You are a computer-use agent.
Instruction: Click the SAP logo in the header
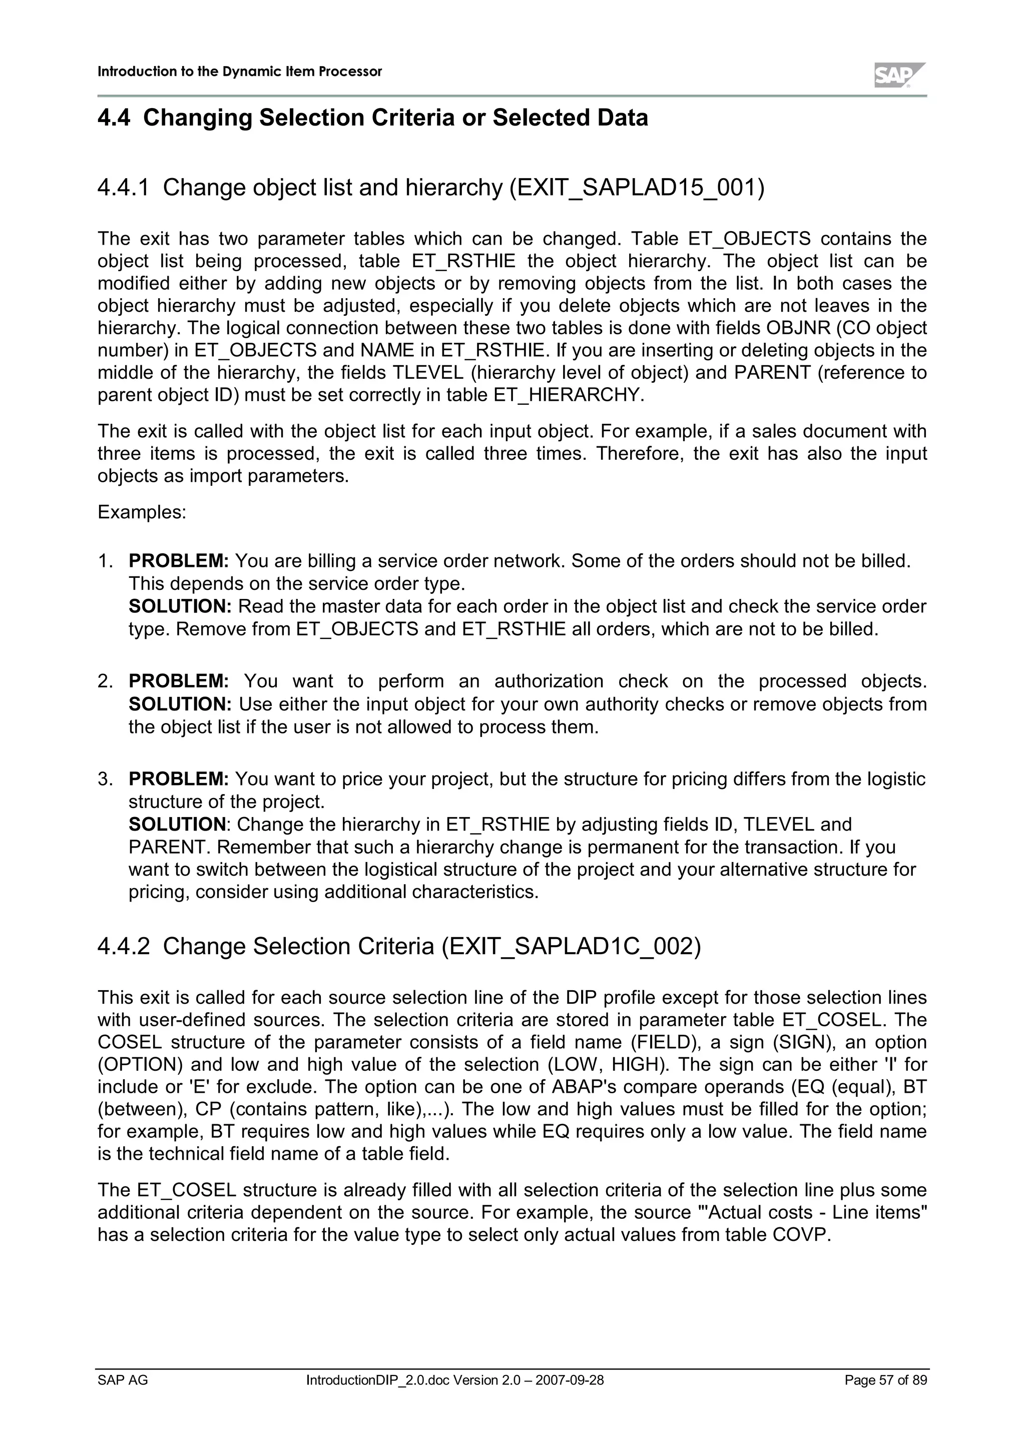pos(899,75)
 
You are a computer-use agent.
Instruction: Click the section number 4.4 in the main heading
pos(114,118)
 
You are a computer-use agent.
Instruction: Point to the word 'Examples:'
pos(142,512)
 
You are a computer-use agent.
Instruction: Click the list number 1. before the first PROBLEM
pos(105,561)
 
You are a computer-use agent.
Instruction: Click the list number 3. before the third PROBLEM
pos(105,779)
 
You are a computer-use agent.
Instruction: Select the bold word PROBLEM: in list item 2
pos(179,681)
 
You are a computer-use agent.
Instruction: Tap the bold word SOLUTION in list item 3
pos(177,824)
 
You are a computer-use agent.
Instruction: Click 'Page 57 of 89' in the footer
pos(885,1397)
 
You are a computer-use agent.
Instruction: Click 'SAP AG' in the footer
pos(123,1397)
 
